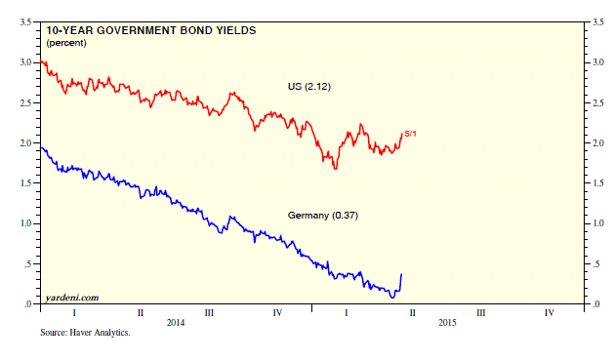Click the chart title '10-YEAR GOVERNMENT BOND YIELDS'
(151, 30)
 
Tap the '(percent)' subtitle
(66, 43)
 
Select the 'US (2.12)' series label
(309, 87)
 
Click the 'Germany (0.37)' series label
(323, 216)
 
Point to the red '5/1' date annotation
(410, 134)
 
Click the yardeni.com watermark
(72, 298)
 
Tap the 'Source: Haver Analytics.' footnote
(85, 333)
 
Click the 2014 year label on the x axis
(176, 322)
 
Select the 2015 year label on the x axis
(447, 322)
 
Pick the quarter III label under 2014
(209, 312)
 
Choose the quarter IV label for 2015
(550, 312)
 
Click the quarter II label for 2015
(412, 312)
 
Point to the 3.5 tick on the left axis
(25, 21)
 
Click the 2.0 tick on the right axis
(598, 143)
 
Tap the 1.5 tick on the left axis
(25, 183)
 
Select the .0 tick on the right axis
(596, 304)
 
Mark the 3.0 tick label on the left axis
(25, 62)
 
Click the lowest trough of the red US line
(336, 169)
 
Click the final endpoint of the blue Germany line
(401, 274)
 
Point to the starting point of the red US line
(41, 61)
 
